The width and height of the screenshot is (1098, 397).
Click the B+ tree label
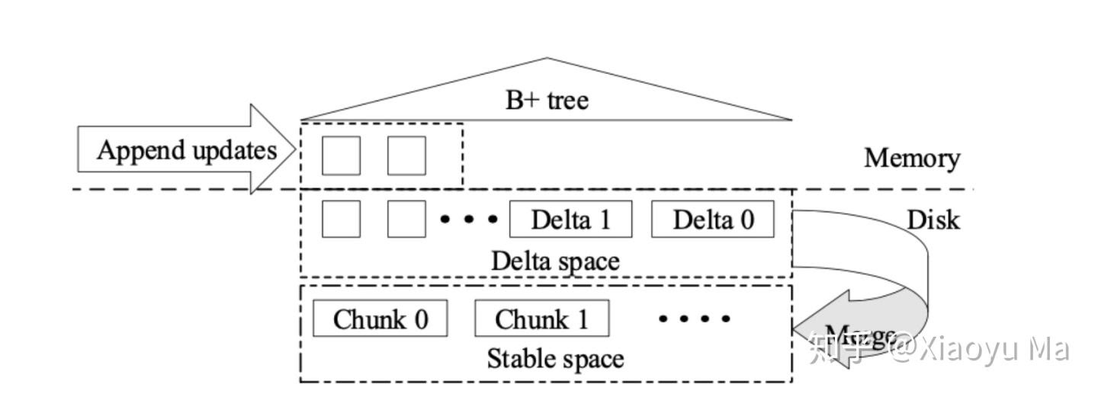coord(547,100)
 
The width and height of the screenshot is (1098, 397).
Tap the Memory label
coord(911,158)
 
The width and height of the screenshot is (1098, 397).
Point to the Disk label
coord(933,220)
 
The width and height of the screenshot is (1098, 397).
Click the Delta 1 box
coord(570,219)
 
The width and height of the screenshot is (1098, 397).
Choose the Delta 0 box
coord(712,219)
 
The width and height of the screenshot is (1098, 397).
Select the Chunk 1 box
coord(541,319)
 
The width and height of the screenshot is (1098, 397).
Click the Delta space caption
coord(555,261)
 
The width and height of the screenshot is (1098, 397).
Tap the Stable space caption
coord(555,358)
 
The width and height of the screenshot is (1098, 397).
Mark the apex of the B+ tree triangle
coord(547,59)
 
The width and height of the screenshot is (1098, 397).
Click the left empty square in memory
coord(341,155)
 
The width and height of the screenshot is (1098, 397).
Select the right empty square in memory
coord(406,155)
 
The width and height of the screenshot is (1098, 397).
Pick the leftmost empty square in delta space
coord(341,219)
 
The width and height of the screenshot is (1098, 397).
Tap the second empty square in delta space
coord(406,219)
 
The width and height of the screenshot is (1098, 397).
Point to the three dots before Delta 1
coord(469,219)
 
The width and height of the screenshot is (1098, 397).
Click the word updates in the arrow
coord(233,150)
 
